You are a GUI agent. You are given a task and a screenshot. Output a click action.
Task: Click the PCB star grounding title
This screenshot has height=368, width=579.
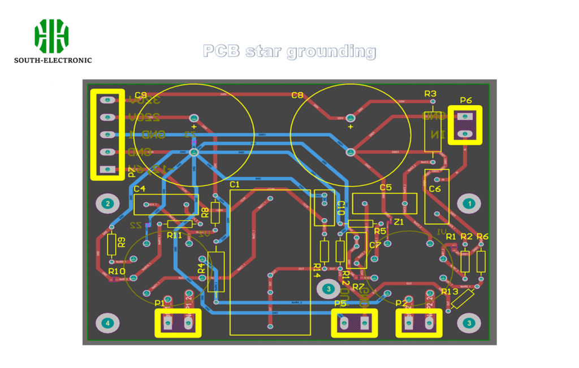[x=289, y=51]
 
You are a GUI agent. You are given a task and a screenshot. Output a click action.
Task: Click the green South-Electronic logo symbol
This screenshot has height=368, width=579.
[x=51, y=34]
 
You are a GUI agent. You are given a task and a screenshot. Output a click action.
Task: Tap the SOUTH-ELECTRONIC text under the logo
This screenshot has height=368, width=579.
[x=53, y=60]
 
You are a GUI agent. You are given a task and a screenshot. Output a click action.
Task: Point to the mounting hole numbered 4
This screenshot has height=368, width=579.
[x=108, y=323]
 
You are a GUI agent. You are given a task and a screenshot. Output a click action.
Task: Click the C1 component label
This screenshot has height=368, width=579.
[x=235, y=185]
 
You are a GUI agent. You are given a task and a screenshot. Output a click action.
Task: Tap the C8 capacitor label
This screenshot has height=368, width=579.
[x=297, y=95]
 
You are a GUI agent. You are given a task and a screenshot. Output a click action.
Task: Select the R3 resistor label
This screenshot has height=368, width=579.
[x=430, y=93]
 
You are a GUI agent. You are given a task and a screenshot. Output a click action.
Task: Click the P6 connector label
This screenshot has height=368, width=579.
[x=466, y=101]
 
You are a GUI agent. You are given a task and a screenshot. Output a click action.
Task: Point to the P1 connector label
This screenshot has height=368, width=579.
[x=159, y=304]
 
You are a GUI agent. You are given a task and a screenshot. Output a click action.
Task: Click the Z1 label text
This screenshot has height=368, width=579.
[x=399, y=222]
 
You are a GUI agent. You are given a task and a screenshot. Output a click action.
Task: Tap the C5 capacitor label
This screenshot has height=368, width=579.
[x=386, y=188]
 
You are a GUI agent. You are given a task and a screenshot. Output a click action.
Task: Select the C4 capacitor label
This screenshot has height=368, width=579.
[x=140, y=189]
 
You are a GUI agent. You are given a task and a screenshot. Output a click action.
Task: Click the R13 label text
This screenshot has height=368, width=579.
[x=450, y=292]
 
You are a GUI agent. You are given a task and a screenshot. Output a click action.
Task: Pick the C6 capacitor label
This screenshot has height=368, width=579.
[x=435, y=189]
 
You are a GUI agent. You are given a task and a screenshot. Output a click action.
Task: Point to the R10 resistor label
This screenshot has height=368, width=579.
[x=116, y=271]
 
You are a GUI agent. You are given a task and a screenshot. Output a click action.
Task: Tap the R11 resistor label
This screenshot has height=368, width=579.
[x=174, y=235]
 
